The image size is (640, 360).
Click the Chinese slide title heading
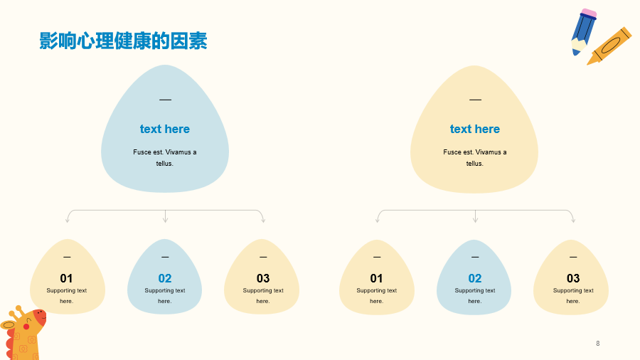click(x=123, y=41)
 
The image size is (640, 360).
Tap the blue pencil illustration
click(x=584, y=32)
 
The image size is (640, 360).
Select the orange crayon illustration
click(x=609, y=46)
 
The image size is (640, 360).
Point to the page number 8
click(x=598, y=343)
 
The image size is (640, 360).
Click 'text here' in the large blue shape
click(x=165, y=129)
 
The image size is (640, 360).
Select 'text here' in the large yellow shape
click(x=475, y=129)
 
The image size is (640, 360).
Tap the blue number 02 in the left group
click(x=165, y=278)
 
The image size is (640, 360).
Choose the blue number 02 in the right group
click(x=475, y=278)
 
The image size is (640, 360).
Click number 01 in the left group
click(x=67, y=278)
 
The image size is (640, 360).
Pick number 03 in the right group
click(x=573, y=278)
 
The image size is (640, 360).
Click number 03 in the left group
click(x=263, y=278)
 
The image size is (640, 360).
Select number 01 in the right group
click(x=376, y=278)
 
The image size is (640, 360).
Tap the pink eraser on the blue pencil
click(x=589, y=14)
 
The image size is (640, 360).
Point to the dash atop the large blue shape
click(x=165, y=100)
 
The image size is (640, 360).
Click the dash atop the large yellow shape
click(x=475, y=100)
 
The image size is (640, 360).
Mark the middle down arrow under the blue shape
click(x=165, y=216)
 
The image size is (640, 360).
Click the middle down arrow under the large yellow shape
click(x=475, y=216)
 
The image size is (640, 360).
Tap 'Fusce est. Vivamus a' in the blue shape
click(x=165, y=152)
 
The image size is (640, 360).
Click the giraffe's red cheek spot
click(x=26, y=327)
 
